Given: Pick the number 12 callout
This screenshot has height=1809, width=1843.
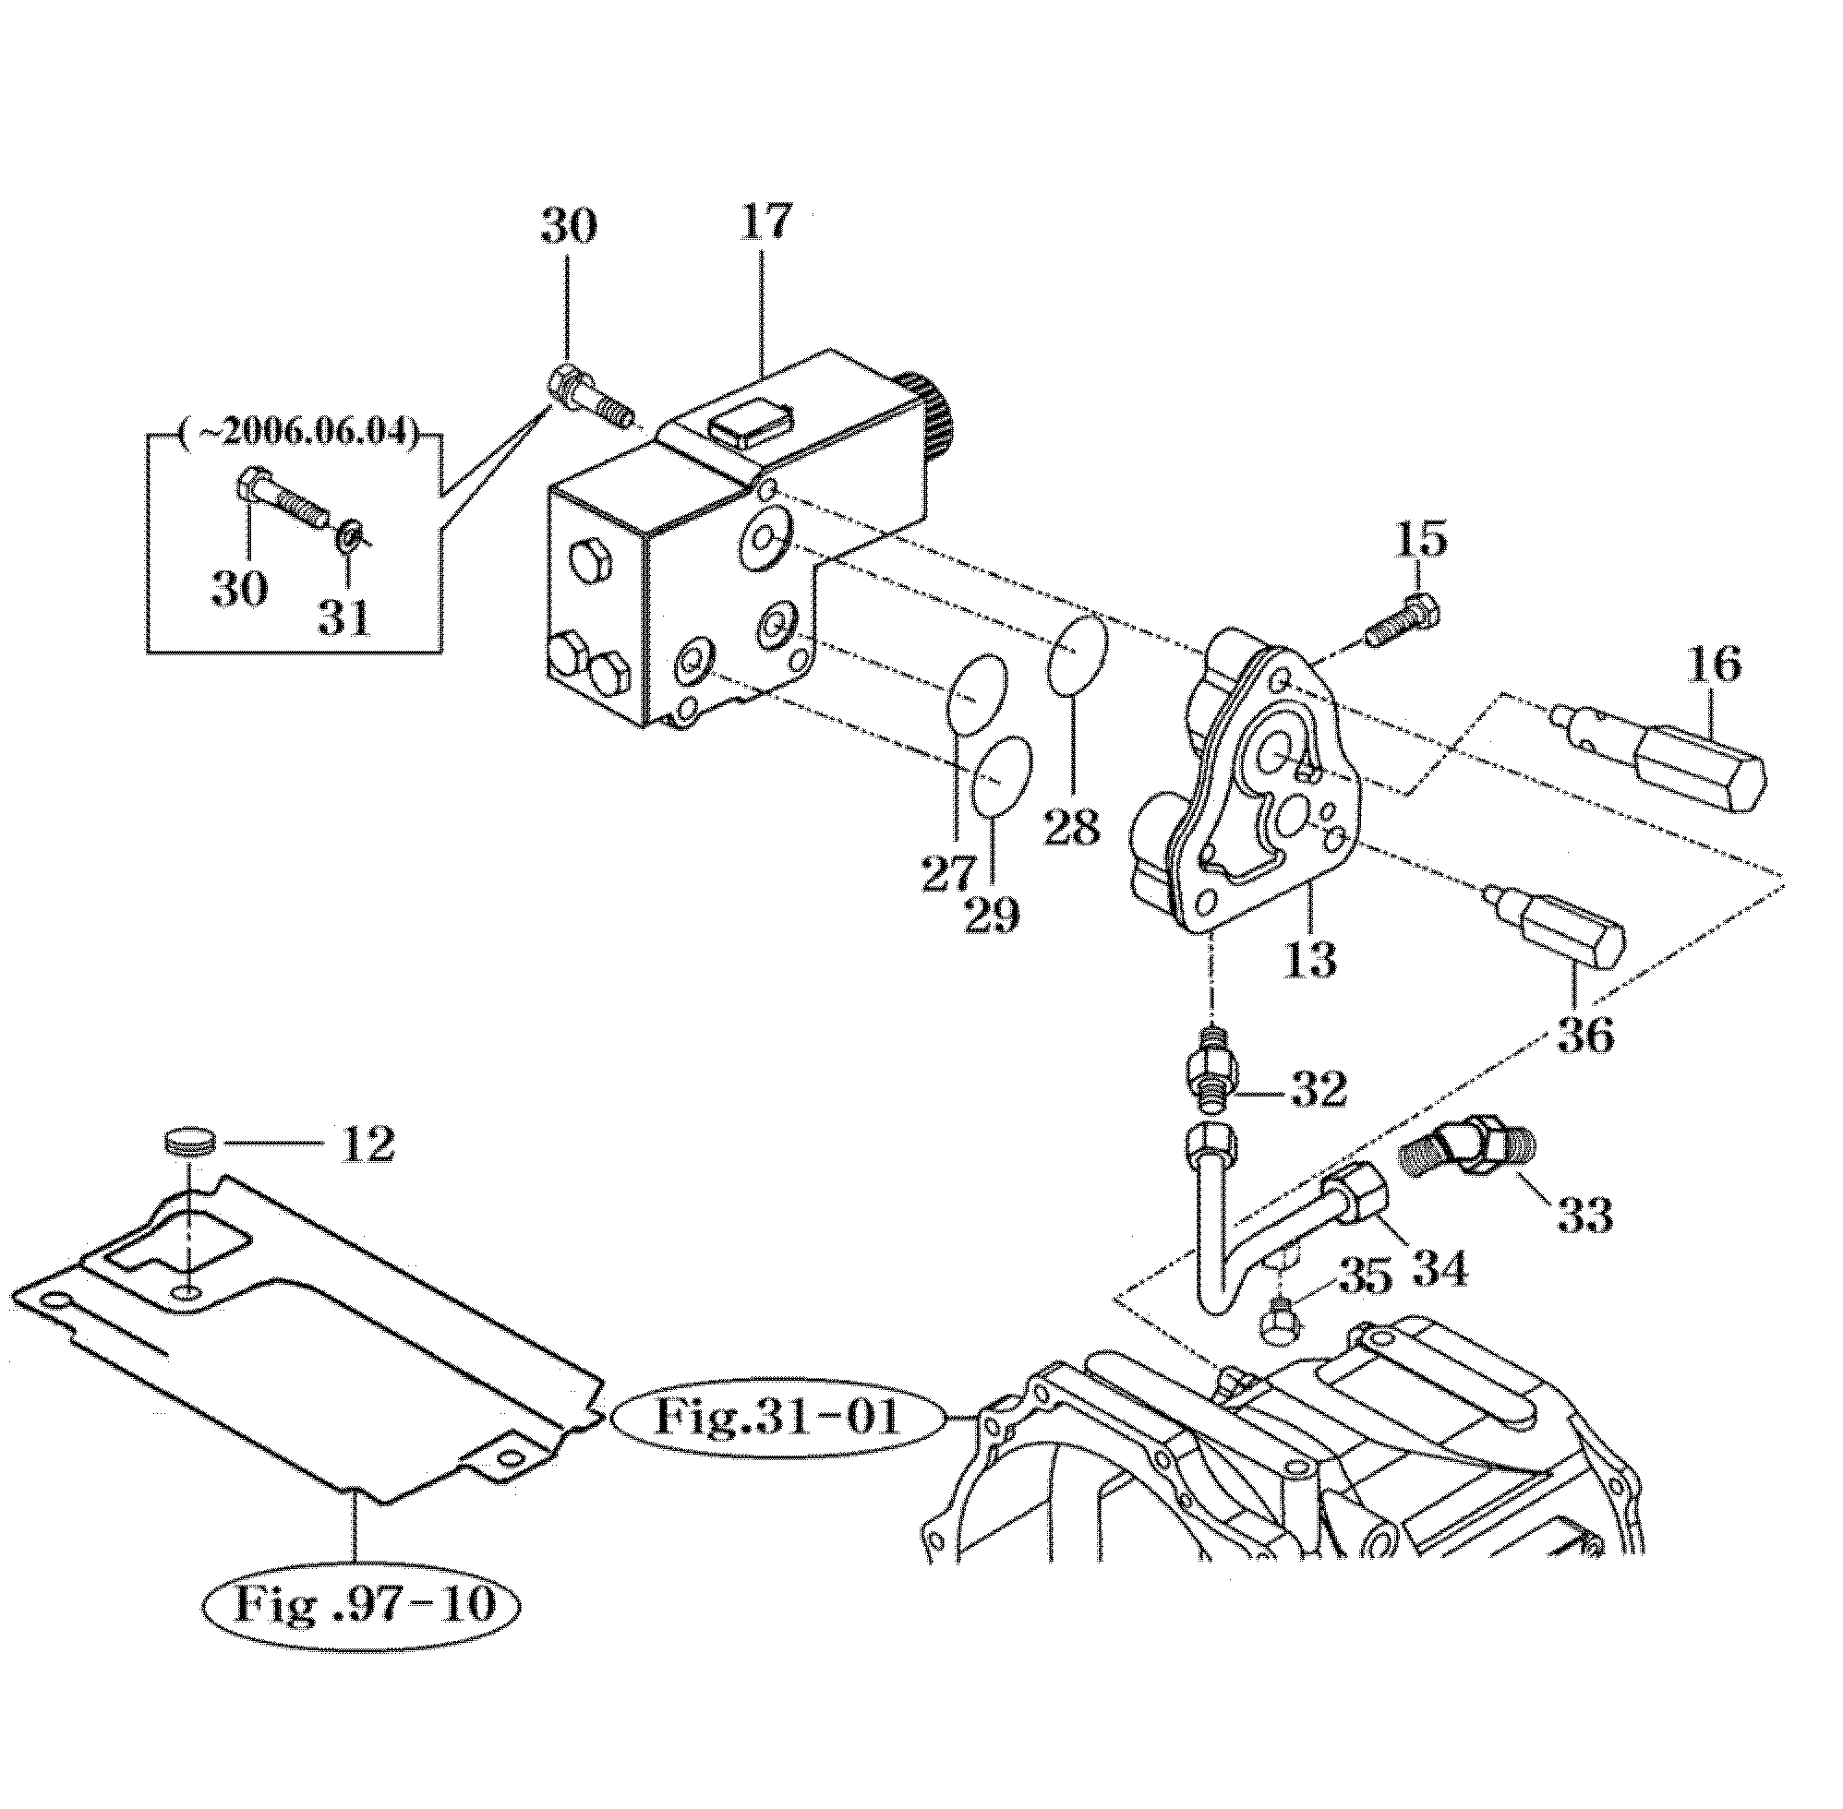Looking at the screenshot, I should coord(366,1144).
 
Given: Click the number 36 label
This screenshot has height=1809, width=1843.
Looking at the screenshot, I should coord(1584,1035).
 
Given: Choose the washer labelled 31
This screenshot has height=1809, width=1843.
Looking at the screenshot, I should coord(348,536).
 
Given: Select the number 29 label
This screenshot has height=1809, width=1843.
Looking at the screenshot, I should coord(992,915).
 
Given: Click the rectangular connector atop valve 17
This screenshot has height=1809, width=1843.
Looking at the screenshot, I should coord(749,421).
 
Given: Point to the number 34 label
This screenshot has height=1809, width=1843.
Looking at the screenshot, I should coord(1440,1267).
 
